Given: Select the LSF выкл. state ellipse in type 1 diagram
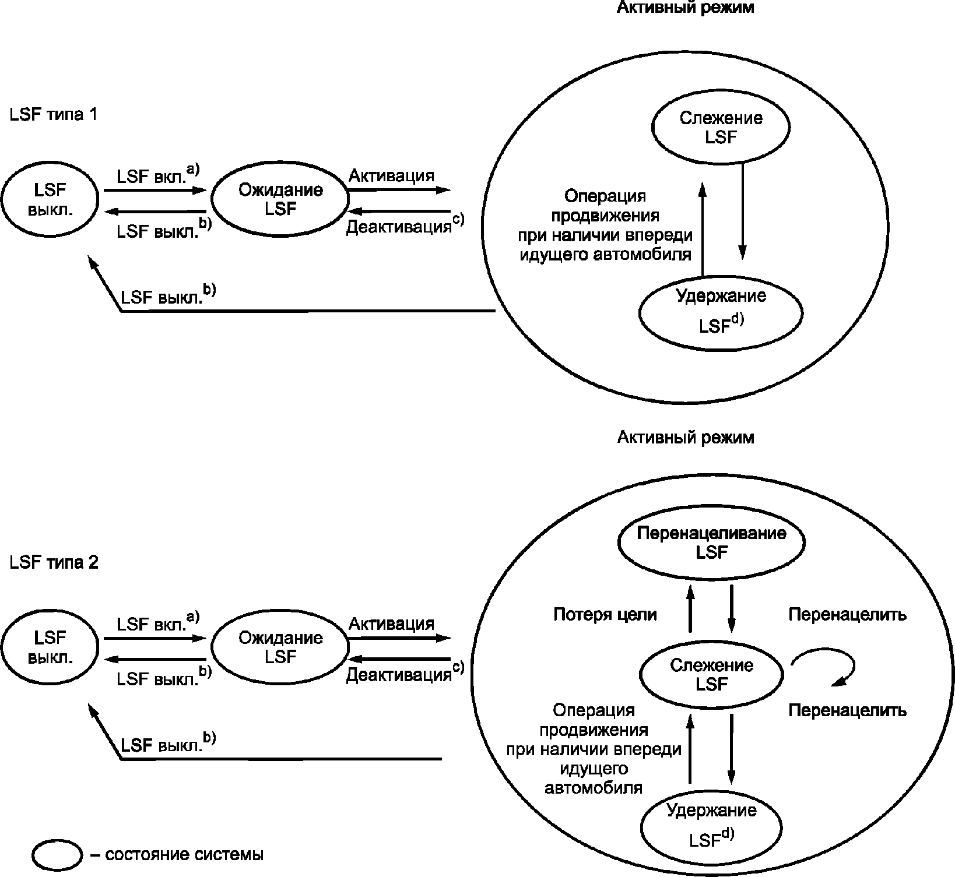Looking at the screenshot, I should (x=50, y=199).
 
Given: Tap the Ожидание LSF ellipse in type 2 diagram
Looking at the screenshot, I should (x=280, y=647).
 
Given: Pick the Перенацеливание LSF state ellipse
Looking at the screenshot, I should (x=711, y=543).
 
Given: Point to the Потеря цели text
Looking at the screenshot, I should (x=605, y=614).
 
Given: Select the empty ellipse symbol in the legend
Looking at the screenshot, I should (x=57, y=855).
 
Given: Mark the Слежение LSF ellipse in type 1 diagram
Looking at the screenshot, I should (x=721, y=128).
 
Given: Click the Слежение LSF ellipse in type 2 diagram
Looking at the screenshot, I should (x=711, y=675).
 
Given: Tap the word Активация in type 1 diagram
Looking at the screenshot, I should (x=391, y=176).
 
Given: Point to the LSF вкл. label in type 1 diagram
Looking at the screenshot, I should (x=152, y=177).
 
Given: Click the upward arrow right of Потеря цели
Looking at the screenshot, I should (x=690, y=609).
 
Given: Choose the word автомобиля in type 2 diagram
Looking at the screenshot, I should (x=594, y=788).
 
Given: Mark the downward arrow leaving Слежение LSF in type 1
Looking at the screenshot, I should (x=742, y=210).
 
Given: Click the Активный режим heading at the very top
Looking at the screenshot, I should (x=685, y=8).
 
